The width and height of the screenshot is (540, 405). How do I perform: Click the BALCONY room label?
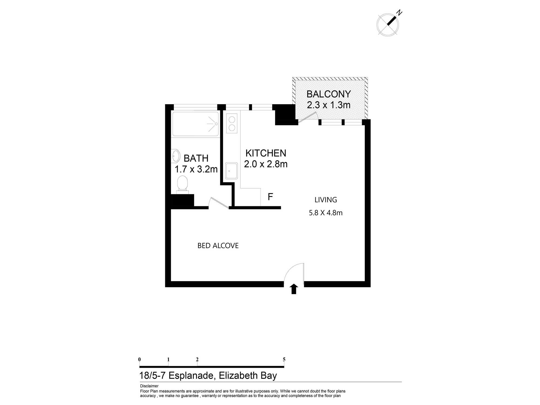(329, 94)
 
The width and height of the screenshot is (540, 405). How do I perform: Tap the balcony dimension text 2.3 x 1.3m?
(329, 105)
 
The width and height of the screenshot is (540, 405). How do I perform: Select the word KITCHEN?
(266, 153)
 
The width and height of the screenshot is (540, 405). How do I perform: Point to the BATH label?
(196, 158)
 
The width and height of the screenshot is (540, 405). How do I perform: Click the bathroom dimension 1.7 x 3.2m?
(196, 169)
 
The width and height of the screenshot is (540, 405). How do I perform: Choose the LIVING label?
(326, 200)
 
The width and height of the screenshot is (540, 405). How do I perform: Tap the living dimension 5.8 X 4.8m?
(326, 213)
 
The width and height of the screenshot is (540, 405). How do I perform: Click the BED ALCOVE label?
(218, 246)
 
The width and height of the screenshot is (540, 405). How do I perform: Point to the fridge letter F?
(270, 197)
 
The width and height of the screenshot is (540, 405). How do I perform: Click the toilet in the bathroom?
(182, 184)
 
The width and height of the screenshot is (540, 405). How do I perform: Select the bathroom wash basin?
(176, 156)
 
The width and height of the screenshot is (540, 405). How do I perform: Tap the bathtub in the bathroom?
(195, 124)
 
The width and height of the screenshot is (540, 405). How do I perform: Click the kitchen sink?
(231, 171)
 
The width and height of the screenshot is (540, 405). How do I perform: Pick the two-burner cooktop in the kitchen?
(232, 123)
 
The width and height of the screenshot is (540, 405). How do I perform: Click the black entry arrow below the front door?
(294, 289)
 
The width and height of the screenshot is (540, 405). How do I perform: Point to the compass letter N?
(399, 12)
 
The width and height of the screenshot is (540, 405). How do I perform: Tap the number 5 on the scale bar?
(284, 359)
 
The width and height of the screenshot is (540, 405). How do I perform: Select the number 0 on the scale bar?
(139, 359)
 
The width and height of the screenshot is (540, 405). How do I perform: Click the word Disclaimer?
(149, 386)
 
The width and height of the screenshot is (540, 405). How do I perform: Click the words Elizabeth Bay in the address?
(248, 376)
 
